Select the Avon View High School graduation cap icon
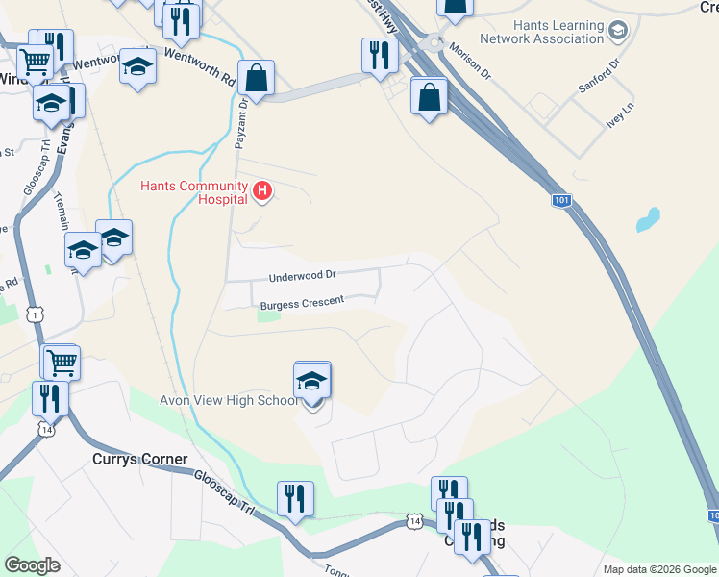click(312, 381)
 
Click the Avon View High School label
click(229, 400)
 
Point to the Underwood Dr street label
click(303, 276)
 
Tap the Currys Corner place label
click(139, 460)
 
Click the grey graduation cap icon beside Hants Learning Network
click(618, 33)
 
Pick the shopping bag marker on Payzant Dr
click(257, 76)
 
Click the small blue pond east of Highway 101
click(648, 220)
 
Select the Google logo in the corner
click(32, 565)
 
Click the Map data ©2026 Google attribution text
click(658, 569)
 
